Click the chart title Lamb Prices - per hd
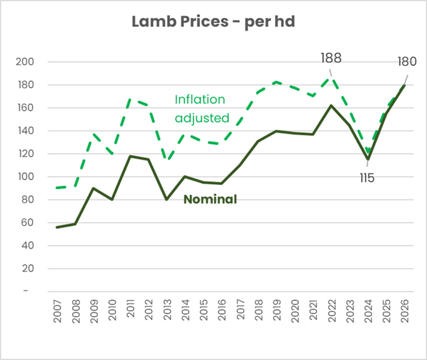click(213, 22)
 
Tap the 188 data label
click(331, 58)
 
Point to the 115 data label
click(367, 178)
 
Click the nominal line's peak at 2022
click(332, 106)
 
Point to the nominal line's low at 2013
click(166, 199)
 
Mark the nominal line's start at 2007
click(57, 227)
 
